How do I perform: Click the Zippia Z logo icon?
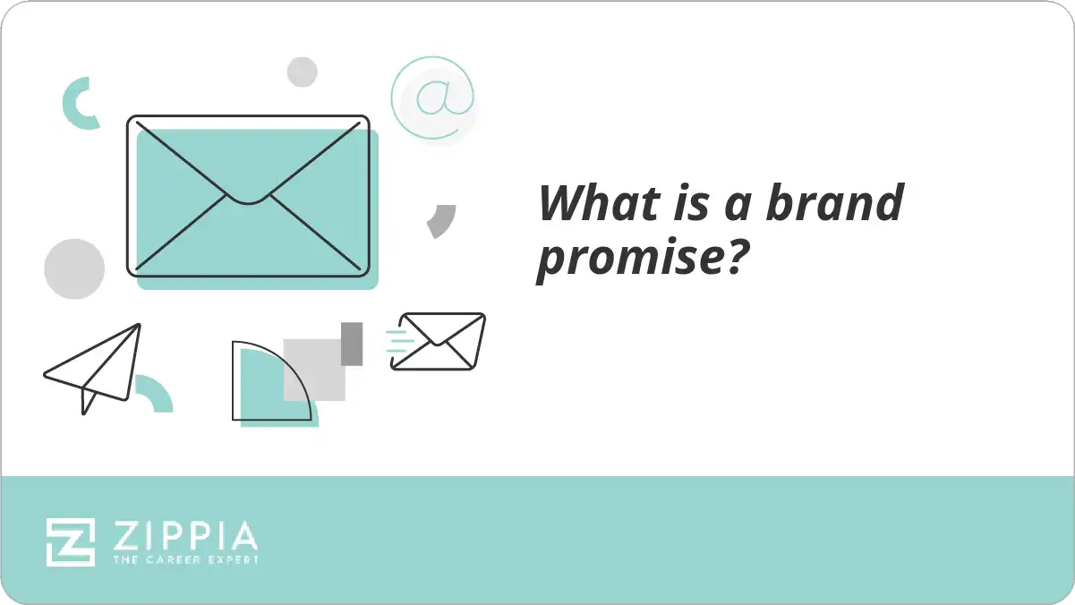coord(71,541)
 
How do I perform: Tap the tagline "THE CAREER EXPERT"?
coord(185,559)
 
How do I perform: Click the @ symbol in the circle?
coord(434,97)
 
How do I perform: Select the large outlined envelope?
coord(248,195)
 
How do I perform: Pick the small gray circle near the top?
coord(303,72)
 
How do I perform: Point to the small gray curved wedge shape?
coord(442,220)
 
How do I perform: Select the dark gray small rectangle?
coord(352,344)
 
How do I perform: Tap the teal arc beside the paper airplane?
coord(154,394)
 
